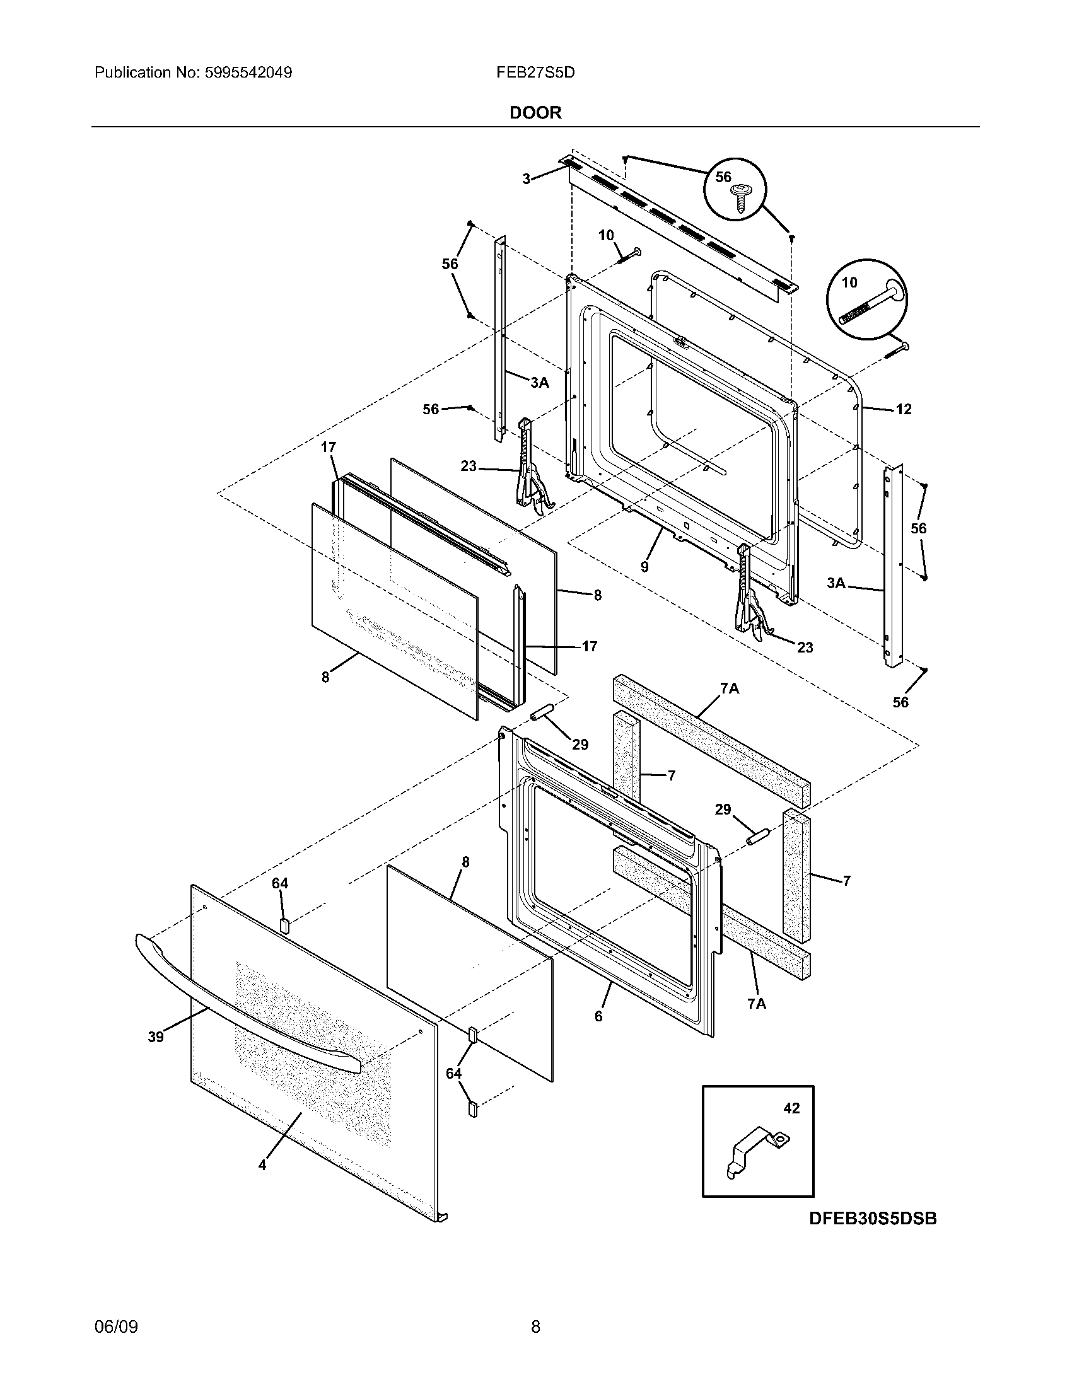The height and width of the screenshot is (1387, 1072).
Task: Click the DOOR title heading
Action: (x=535, y=113)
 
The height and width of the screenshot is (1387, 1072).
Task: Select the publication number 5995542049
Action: (x=248, y=73)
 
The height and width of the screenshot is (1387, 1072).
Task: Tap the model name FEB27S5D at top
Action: (x=535, y=73)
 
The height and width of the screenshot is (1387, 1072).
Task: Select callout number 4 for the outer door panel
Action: (x=262, y=1165)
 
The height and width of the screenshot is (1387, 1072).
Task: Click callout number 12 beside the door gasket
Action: (x=903, y=410)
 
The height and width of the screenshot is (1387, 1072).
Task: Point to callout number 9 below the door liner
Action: (x=644, y=567)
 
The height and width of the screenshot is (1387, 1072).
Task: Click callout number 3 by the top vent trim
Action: (x=526, y=179)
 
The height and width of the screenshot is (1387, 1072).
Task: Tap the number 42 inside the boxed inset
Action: (x=791, y=1108)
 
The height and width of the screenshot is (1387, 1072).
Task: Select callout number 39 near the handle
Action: (x=156, y=1037)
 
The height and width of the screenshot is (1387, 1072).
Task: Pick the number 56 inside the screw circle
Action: (x=723, y=177)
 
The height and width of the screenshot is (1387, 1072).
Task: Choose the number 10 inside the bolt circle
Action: (x=849, y=282)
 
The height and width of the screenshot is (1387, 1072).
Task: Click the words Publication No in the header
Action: (x=147, y=73)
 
